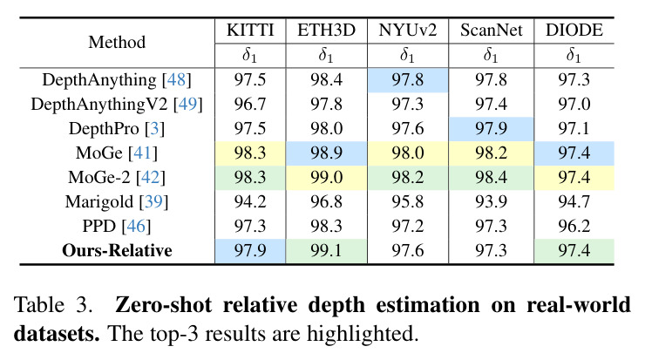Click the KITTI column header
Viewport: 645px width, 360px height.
pos(250,30)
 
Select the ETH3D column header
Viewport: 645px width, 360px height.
pos(326,30)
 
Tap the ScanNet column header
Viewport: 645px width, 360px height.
pos(491,30)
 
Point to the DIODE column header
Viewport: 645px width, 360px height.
pos(574,30)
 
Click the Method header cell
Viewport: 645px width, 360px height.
pos(117,42)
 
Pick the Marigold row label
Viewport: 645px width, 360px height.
pos(117,201)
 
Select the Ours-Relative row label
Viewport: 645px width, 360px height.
pos(117,250)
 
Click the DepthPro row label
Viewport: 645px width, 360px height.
pos(117,128)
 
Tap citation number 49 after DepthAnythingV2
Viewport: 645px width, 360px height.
pos(187,104)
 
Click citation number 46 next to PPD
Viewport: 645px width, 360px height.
pos(136,226)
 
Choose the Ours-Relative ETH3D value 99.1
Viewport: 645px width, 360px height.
pos(326,250)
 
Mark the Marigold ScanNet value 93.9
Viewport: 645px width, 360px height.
pos(491,201)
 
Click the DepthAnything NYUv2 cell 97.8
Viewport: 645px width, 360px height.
pos(408,79)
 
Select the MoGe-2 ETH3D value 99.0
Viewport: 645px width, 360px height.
pos(326,177)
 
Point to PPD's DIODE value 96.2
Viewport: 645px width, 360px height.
pos(574,226)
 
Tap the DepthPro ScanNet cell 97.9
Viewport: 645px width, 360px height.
pos(491,128)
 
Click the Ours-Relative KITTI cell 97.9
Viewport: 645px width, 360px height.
pos(250,250)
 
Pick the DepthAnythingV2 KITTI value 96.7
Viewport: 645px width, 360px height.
pos(250,104)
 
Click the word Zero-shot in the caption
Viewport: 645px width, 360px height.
pos(163,305)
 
